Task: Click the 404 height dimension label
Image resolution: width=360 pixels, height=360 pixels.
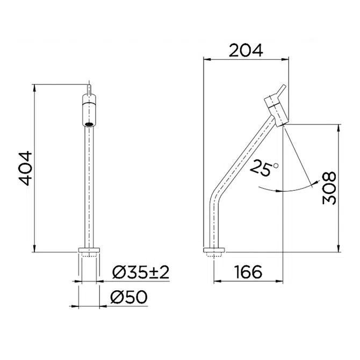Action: tap(25, 168)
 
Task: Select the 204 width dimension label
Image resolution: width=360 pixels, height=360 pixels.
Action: tap(246, 51)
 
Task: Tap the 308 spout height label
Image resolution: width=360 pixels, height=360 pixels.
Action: tap(329, 188)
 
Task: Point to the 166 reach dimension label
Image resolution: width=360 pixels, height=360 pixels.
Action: tap(248, 272)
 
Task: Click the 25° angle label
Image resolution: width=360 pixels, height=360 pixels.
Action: tap(264, 169)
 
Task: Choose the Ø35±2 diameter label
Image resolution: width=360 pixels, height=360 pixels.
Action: tap(141, 272)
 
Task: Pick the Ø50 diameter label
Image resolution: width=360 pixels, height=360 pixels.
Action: tap(128, 297)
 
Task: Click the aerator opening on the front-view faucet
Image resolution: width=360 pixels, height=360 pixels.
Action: tap(89, 124)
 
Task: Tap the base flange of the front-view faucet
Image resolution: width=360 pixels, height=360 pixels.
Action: tap(89, 250)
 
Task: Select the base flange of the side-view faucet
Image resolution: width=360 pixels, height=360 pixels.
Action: tap(214, 250)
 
